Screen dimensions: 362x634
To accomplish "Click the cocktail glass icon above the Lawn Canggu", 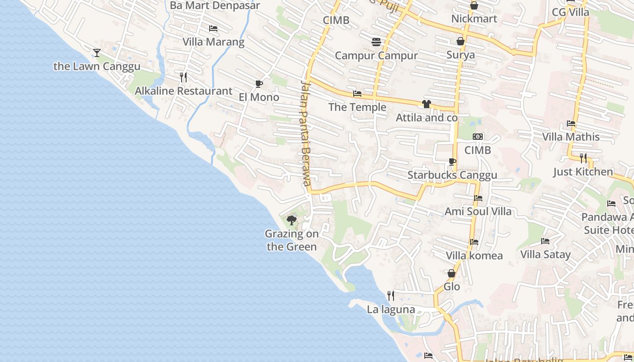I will click(97, 53).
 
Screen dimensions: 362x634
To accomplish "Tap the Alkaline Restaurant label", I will click(183, 91).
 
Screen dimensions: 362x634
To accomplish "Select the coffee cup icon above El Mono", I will click(259, 84).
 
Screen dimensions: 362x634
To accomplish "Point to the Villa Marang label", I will click(213, 42).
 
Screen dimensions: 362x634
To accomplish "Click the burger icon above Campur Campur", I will click(376, 42).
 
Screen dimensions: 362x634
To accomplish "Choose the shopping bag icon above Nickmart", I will click(474, 5).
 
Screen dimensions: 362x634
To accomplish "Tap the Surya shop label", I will click(461, 55).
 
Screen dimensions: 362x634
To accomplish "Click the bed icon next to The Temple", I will click(357, 94).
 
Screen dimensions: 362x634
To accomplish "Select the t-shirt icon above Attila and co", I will click(426, 104).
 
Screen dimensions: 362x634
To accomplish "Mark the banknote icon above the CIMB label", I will click(477, 137).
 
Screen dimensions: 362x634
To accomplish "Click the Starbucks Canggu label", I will click(452, 175).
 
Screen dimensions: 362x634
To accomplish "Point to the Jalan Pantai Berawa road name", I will click(306, 131).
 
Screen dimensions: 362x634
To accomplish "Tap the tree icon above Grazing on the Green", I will click(292, 220).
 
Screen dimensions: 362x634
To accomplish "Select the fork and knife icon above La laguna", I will click(391, 296).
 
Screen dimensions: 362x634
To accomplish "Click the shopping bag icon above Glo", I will click(451, 273).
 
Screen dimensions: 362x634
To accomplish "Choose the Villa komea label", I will click(474, 256).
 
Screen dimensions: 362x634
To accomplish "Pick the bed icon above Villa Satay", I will click(545, 241).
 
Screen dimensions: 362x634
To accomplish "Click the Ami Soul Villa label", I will click(478, 211).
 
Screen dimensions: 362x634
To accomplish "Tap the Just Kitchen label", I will click(583, 172).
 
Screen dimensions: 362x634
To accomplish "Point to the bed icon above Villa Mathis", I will click(571, 124).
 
